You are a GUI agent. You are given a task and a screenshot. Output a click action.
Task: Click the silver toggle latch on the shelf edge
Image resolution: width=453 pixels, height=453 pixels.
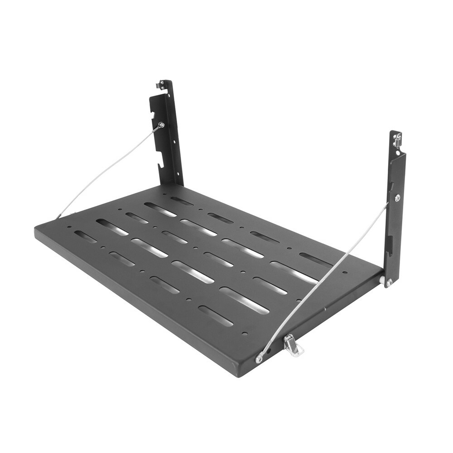tap(293, 345)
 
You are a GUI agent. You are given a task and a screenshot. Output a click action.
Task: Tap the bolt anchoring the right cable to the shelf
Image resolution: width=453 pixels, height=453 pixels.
tap(259, 358)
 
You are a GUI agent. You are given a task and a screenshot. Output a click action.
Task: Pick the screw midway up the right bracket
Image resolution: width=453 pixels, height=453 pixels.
tap(397, 198)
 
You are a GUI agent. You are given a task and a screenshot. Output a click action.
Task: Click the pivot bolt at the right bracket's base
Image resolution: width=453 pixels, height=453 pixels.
tap(389, 282)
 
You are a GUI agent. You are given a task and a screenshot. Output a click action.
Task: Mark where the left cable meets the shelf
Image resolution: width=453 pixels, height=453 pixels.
tap(58, 217)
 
